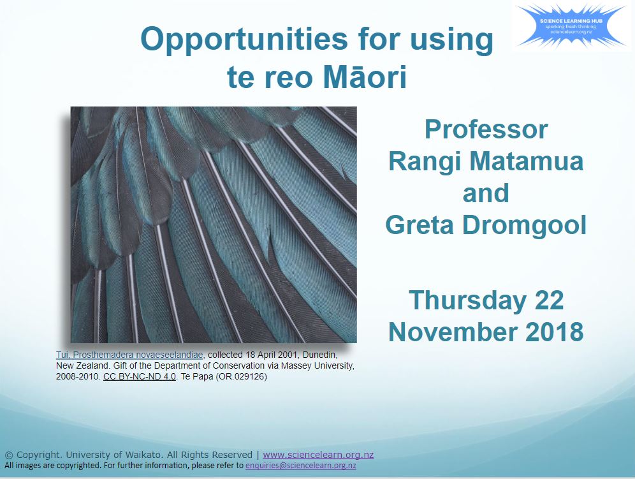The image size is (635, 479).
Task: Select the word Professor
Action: [486, 129]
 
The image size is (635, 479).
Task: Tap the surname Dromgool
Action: [530, 225]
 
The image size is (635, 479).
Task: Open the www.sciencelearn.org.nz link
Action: [318, 455]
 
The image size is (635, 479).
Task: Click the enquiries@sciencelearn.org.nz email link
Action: [300, 466]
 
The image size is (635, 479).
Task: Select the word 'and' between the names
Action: [486, 193]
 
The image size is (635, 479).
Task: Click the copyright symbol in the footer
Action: [9, 455]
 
